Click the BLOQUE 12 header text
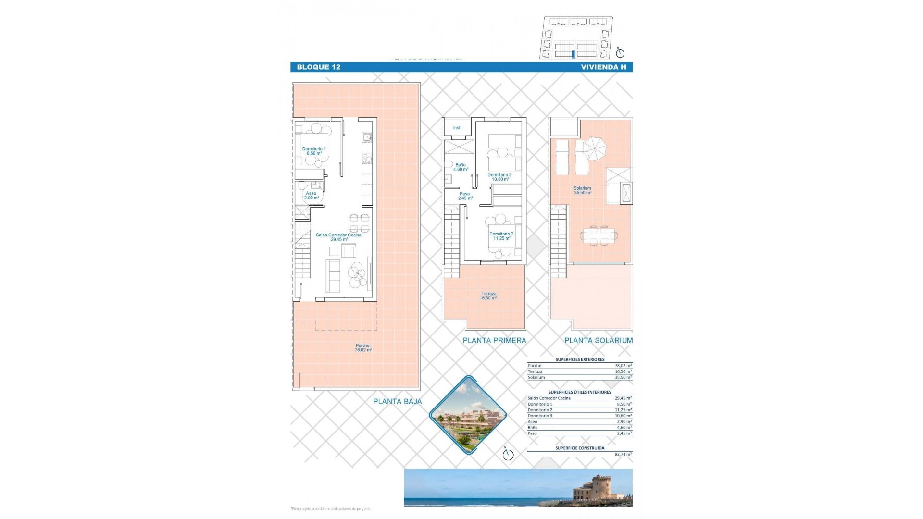coord(318,67)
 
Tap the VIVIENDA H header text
coord(603,67)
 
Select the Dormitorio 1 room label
coord(314,151)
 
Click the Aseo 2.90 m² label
coord(311,195)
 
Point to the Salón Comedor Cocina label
coord(338,237)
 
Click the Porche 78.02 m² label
coord(363,347)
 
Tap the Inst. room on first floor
coord(457,128)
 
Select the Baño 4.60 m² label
coord(460,167)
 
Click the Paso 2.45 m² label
coord(465,196)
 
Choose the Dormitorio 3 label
coord(499,177)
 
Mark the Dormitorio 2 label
coord(501,236)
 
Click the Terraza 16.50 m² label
coord(488,296)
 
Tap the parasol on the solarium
coord(594,148)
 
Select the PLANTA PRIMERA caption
coord(494,340)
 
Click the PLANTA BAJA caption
coord(397,401)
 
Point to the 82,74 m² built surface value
coord(623,454)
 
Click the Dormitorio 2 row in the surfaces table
coord(579,410)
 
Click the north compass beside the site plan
coord(620,53)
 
